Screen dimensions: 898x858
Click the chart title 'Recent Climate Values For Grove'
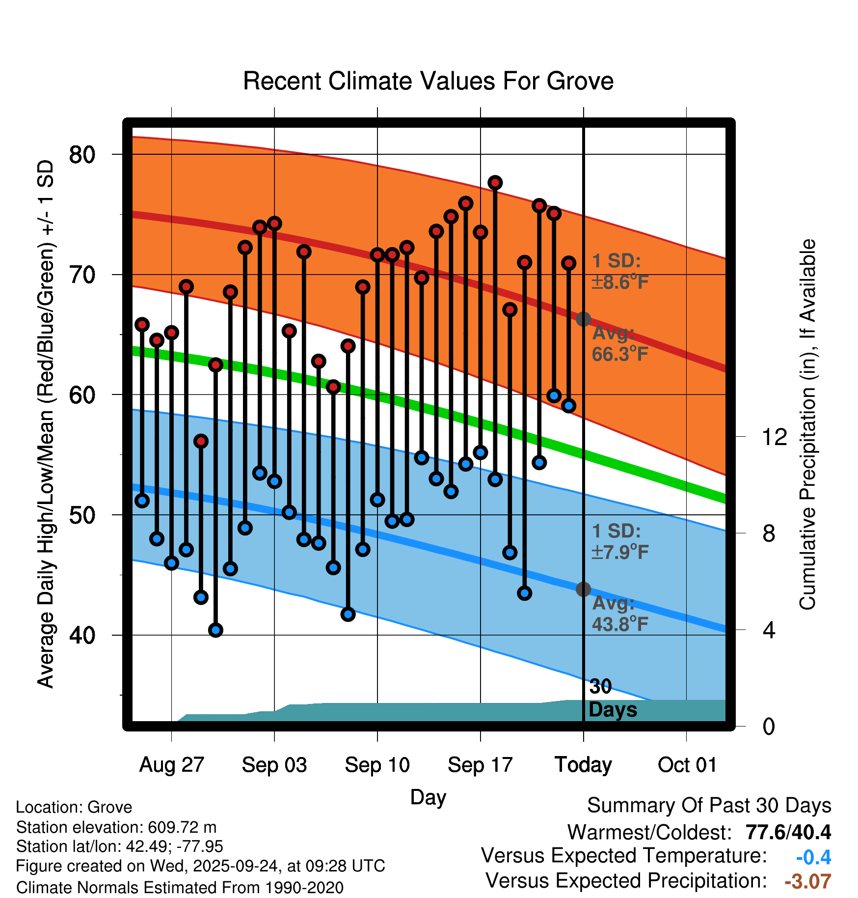click(x=428, y=81)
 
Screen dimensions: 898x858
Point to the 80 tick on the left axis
click(x=82, y=155)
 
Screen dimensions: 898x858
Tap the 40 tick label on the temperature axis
click(x=82, y=635)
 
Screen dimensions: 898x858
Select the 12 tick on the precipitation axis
click(x=774, y=437)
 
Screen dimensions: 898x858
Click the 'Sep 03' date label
click(x=274, y=765)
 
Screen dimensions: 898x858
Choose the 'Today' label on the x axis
click(x=583, y=765)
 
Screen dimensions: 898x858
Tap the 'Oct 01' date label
click(x=687, y=765)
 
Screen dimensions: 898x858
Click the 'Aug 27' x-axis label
click(x=171, y=765)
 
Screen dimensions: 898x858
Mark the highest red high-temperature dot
click(x=495, y=183)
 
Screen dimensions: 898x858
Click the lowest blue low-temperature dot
click(x=215, y=630)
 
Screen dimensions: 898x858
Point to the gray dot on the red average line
click(x=583, y=319)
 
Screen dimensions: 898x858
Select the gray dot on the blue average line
click(x=583, y=589)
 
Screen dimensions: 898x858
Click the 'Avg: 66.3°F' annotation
click(x=619, y=343)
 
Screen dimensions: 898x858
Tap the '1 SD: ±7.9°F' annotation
click(x=619, y=541)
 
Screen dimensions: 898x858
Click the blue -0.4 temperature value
click(x=813, y=857)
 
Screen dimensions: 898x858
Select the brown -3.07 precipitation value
click(x=807, y=881)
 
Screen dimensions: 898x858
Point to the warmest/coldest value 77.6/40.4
click(x=788, y=832)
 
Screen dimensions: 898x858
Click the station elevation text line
click(x=116, y=827)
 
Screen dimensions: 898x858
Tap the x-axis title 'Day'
click(x=428, y=797)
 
